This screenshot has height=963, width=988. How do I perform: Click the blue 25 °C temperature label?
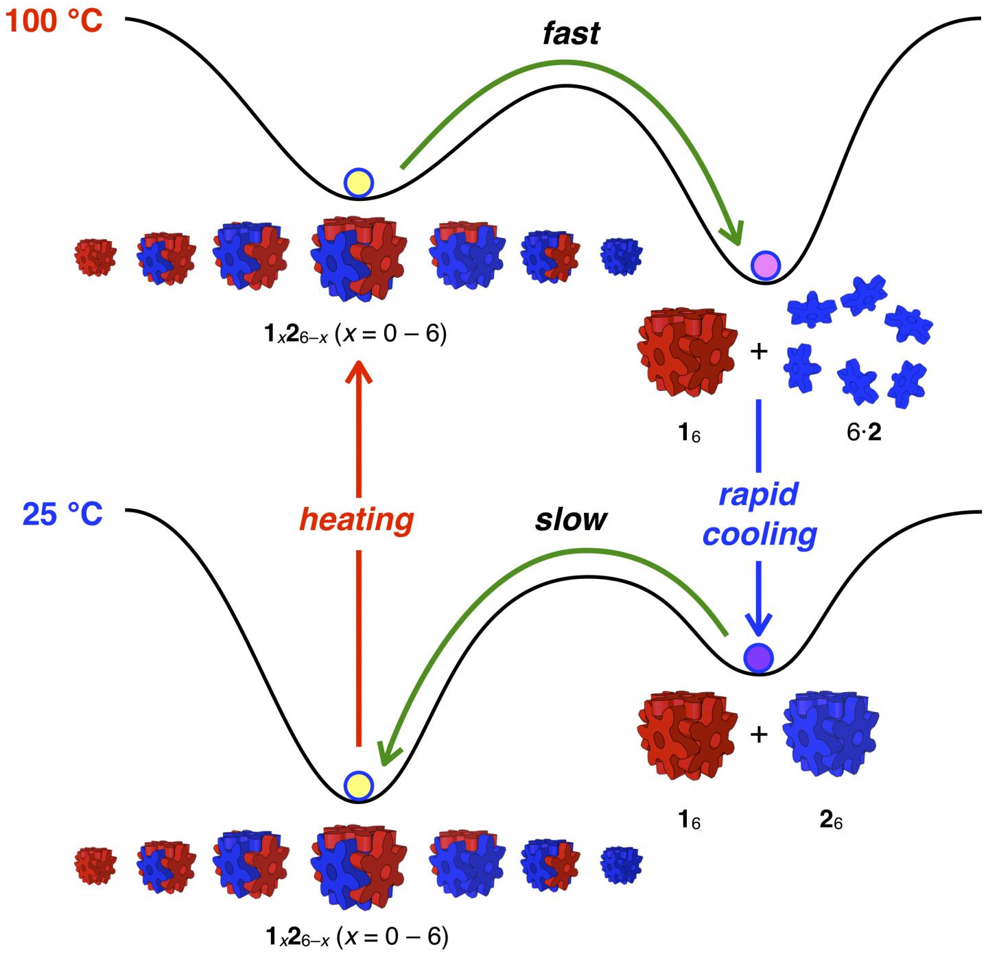coord(62,514)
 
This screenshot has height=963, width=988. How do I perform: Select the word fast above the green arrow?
coord(571,33)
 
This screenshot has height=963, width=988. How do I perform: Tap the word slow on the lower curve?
coord(571,520)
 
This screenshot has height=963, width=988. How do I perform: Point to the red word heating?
coord(357,520)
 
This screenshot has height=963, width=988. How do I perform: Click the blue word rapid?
coord(759,494)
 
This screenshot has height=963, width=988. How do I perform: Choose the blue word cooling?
coord(760,534)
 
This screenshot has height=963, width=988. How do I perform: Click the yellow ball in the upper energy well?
coord(358,182)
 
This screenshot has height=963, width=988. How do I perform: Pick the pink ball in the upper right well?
coord(765,265)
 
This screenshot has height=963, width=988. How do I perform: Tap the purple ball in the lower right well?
coord(758,657)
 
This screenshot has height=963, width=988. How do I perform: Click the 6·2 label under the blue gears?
coord(863,433)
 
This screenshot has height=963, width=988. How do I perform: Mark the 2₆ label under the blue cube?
coord(831,820)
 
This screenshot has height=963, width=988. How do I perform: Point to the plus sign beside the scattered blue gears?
coord(758,352)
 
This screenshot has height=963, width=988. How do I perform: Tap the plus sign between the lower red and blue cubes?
coord(758,735)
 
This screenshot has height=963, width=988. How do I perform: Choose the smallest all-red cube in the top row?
coord(95,257)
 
